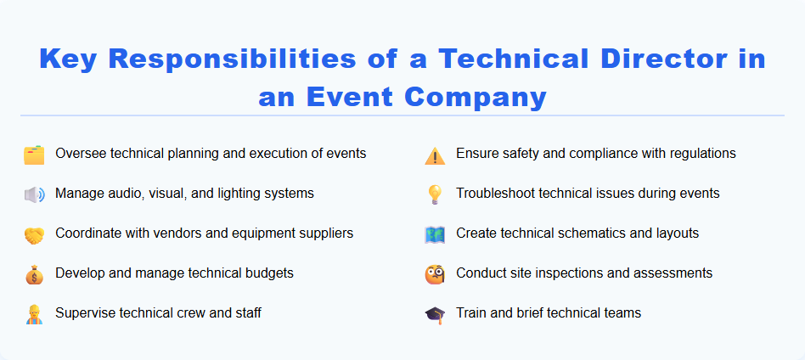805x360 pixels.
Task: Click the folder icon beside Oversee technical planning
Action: (34, 155)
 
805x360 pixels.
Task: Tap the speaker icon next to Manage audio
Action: (34, 194)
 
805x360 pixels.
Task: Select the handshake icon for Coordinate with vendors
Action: (34, 234)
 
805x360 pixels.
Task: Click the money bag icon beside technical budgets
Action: (34, 274)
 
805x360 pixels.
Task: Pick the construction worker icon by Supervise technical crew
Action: (34, 314)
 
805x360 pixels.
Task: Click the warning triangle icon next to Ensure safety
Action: (435, 155)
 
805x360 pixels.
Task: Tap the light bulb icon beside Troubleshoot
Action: (435, 194)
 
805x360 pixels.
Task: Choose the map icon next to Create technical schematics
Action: (435, 234)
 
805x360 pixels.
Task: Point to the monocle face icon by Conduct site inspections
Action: (435, 274)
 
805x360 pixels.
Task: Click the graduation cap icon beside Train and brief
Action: (435, 314)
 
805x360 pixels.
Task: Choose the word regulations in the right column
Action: (701, 153)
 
